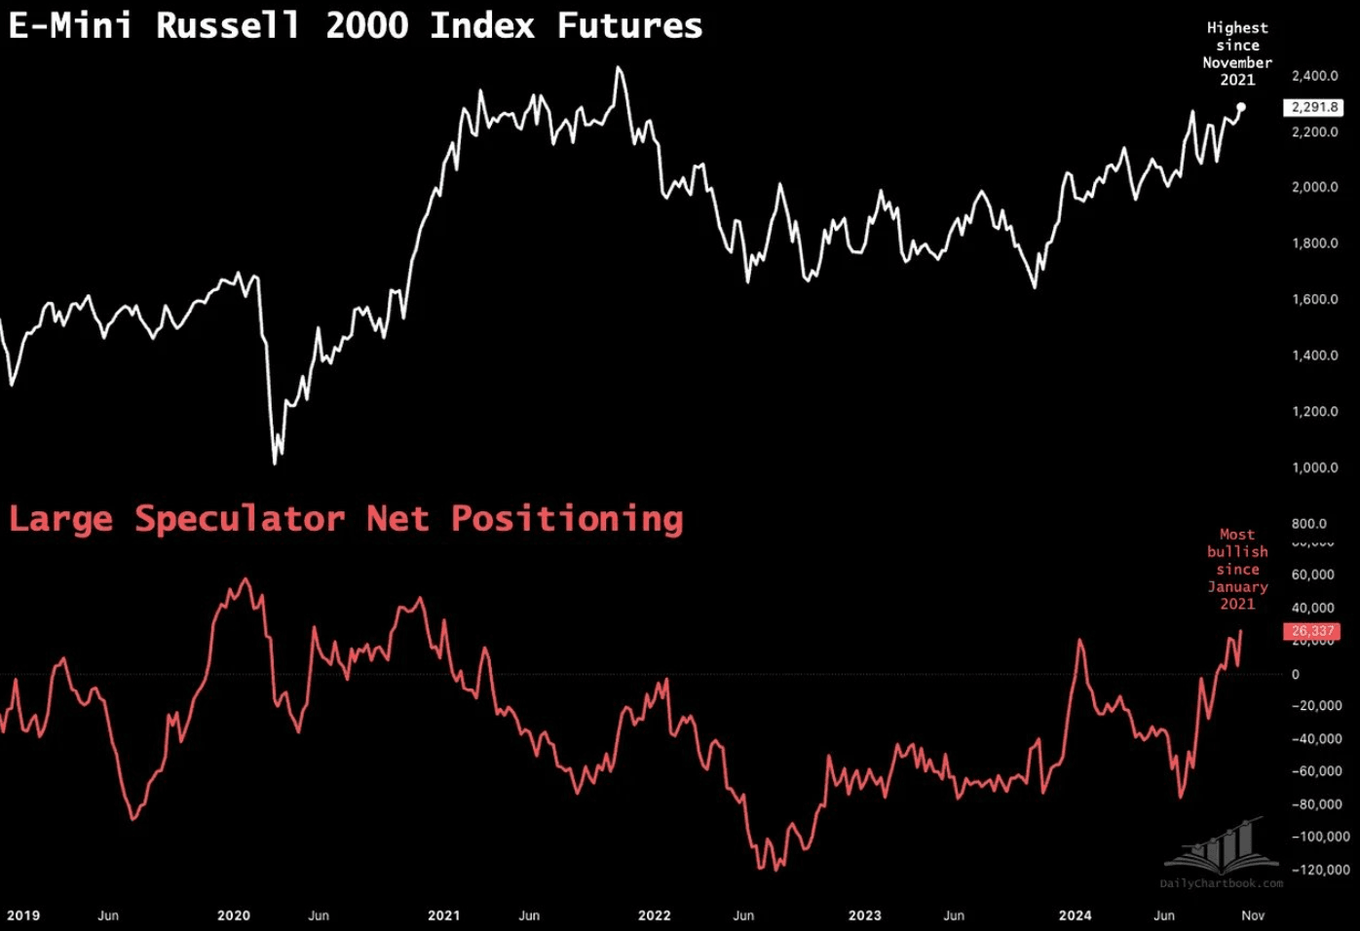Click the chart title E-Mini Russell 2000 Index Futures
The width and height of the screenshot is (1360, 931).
coord(356,25)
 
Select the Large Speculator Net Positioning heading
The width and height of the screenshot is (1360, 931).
coord(346,518)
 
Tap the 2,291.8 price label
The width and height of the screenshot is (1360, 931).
coord(1314,107)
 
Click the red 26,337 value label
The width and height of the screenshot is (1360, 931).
coord(1313,631)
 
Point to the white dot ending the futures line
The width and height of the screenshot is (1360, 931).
coord(1241,107)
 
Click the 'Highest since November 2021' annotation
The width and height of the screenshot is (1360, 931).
coord(1237,54)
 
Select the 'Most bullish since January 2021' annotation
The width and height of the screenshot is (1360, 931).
coord(1237,569)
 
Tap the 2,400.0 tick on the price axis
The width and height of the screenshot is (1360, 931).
coord(1314,76)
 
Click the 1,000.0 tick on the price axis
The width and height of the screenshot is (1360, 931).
coord(1314,467)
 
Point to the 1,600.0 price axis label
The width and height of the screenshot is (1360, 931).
coord(1314,299)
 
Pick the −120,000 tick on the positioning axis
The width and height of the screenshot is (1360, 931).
coord(1320,870)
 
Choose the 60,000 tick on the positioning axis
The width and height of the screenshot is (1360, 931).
coord(1312,575)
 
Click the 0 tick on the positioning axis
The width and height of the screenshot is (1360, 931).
coord(1295,674)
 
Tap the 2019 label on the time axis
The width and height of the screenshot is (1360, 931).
coord(23,915)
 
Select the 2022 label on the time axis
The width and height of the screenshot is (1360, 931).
coord(654,915)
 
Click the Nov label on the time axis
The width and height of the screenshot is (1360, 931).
coord(1253,915)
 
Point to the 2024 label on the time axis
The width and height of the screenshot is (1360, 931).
coord(1075,915)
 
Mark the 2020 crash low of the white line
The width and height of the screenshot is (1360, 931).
coord(275,463)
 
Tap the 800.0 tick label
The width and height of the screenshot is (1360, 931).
coord(1308,524)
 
